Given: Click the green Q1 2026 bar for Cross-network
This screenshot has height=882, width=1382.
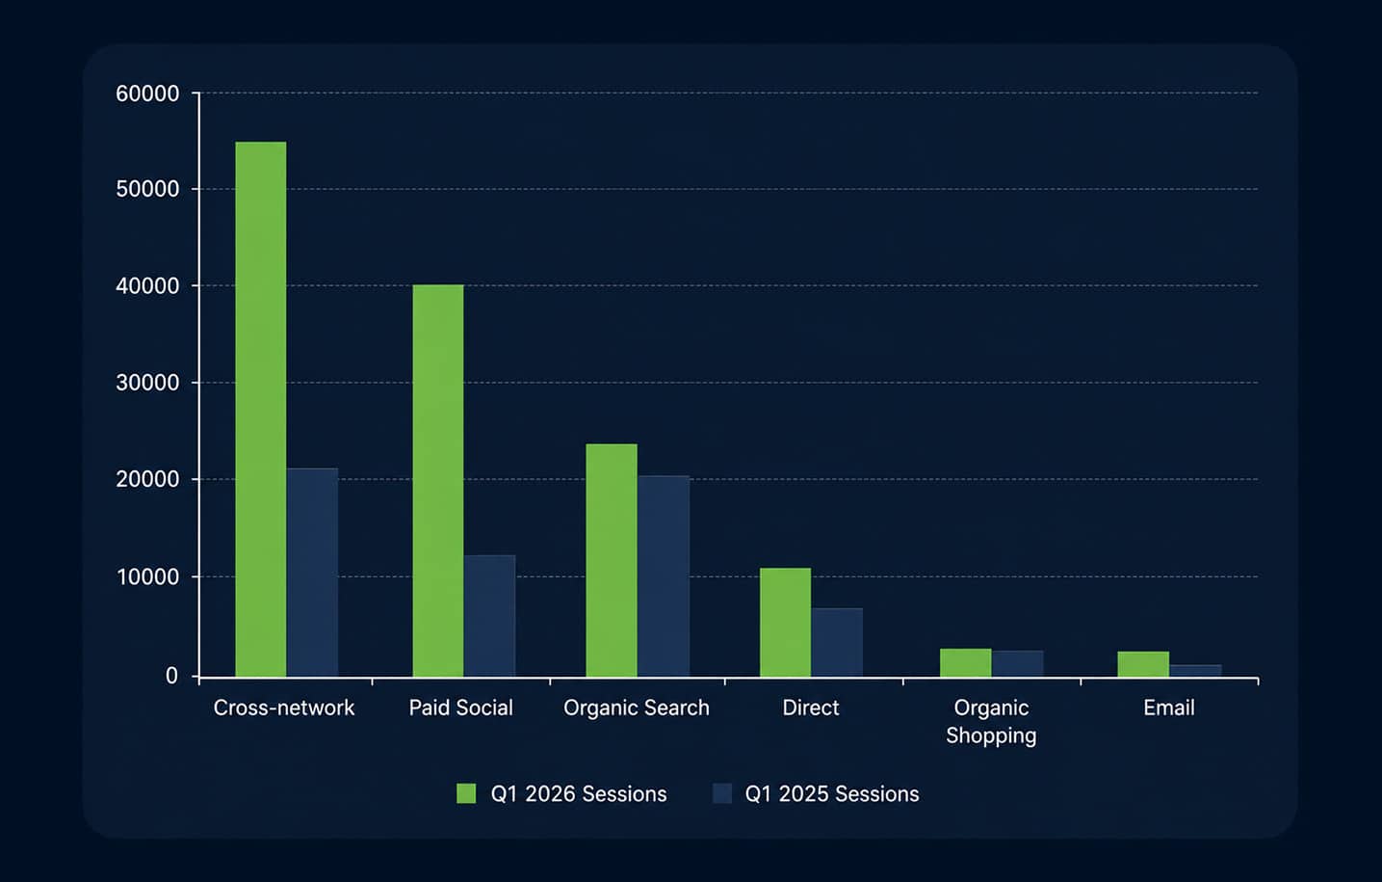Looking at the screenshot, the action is tap(260, 410).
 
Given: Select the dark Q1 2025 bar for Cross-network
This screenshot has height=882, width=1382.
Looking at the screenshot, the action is tap(312, 573).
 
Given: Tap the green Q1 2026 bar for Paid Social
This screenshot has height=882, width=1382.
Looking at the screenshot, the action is tap(438, 481).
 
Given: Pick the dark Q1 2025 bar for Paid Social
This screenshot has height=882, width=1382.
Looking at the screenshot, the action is tap(490, 616).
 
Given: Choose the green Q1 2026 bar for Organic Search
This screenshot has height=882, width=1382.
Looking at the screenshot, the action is tap(612, 561).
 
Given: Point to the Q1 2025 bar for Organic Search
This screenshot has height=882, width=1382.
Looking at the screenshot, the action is tap(664, 576).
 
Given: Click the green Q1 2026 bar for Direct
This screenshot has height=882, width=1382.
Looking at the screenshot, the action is tap(786, 623).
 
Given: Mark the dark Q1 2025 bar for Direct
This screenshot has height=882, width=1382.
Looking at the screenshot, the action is tap(837, 643).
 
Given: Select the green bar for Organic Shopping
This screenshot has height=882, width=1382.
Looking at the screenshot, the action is tap(966, 663).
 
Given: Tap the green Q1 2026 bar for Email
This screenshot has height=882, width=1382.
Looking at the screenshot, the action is tap(1143, 664).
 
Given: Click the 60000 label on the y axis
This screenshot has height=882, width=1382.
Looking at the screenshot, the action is tap(147, 94).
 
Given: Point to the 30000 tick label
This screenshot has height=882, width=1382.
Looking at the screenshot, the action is tap(147, 383).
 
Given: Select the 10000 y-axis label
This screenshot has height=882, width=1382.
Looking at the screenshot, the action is tap(147, 576).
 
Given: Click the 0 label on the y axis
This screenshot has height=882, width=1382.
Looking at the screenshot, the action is tap(171, 677).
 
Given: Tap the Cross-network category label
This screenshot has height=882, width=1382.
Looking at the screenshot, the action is tap(284, 708).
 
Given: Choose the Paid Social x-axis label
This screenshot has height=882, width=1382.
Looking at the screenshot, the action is tap(461, 708).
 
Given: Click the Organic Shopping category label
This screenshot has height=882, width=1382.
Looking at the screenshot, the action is tap(991, 722).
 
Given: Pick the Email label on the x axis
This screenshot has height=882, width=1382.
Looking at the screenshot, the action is tap(1169, 708).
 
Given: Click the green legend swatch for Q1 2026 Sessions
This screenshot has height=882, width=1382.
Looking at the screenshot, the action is tap(466, 793).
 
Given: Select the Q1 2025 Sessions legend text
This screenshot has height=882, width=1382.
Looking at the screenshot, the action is tap(832, 794).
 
